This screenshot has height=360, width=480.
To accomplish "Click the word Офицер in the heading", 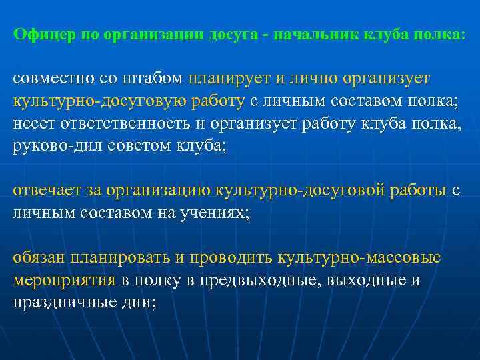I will point(44,35).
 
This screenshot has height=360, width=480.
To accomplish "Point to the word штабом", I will point(161,79).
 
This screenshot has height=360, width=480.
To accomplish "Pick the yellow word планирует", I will point(229,79).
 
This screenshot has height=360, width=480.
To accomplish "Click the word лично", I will point(312,79).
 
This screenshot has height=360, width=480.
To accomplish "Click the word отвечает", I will point(46,191).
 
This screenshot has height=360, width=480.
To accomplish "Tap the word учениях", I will point(213,213).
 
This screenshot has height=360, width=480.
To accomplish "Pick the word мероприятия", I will point(65,281).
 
